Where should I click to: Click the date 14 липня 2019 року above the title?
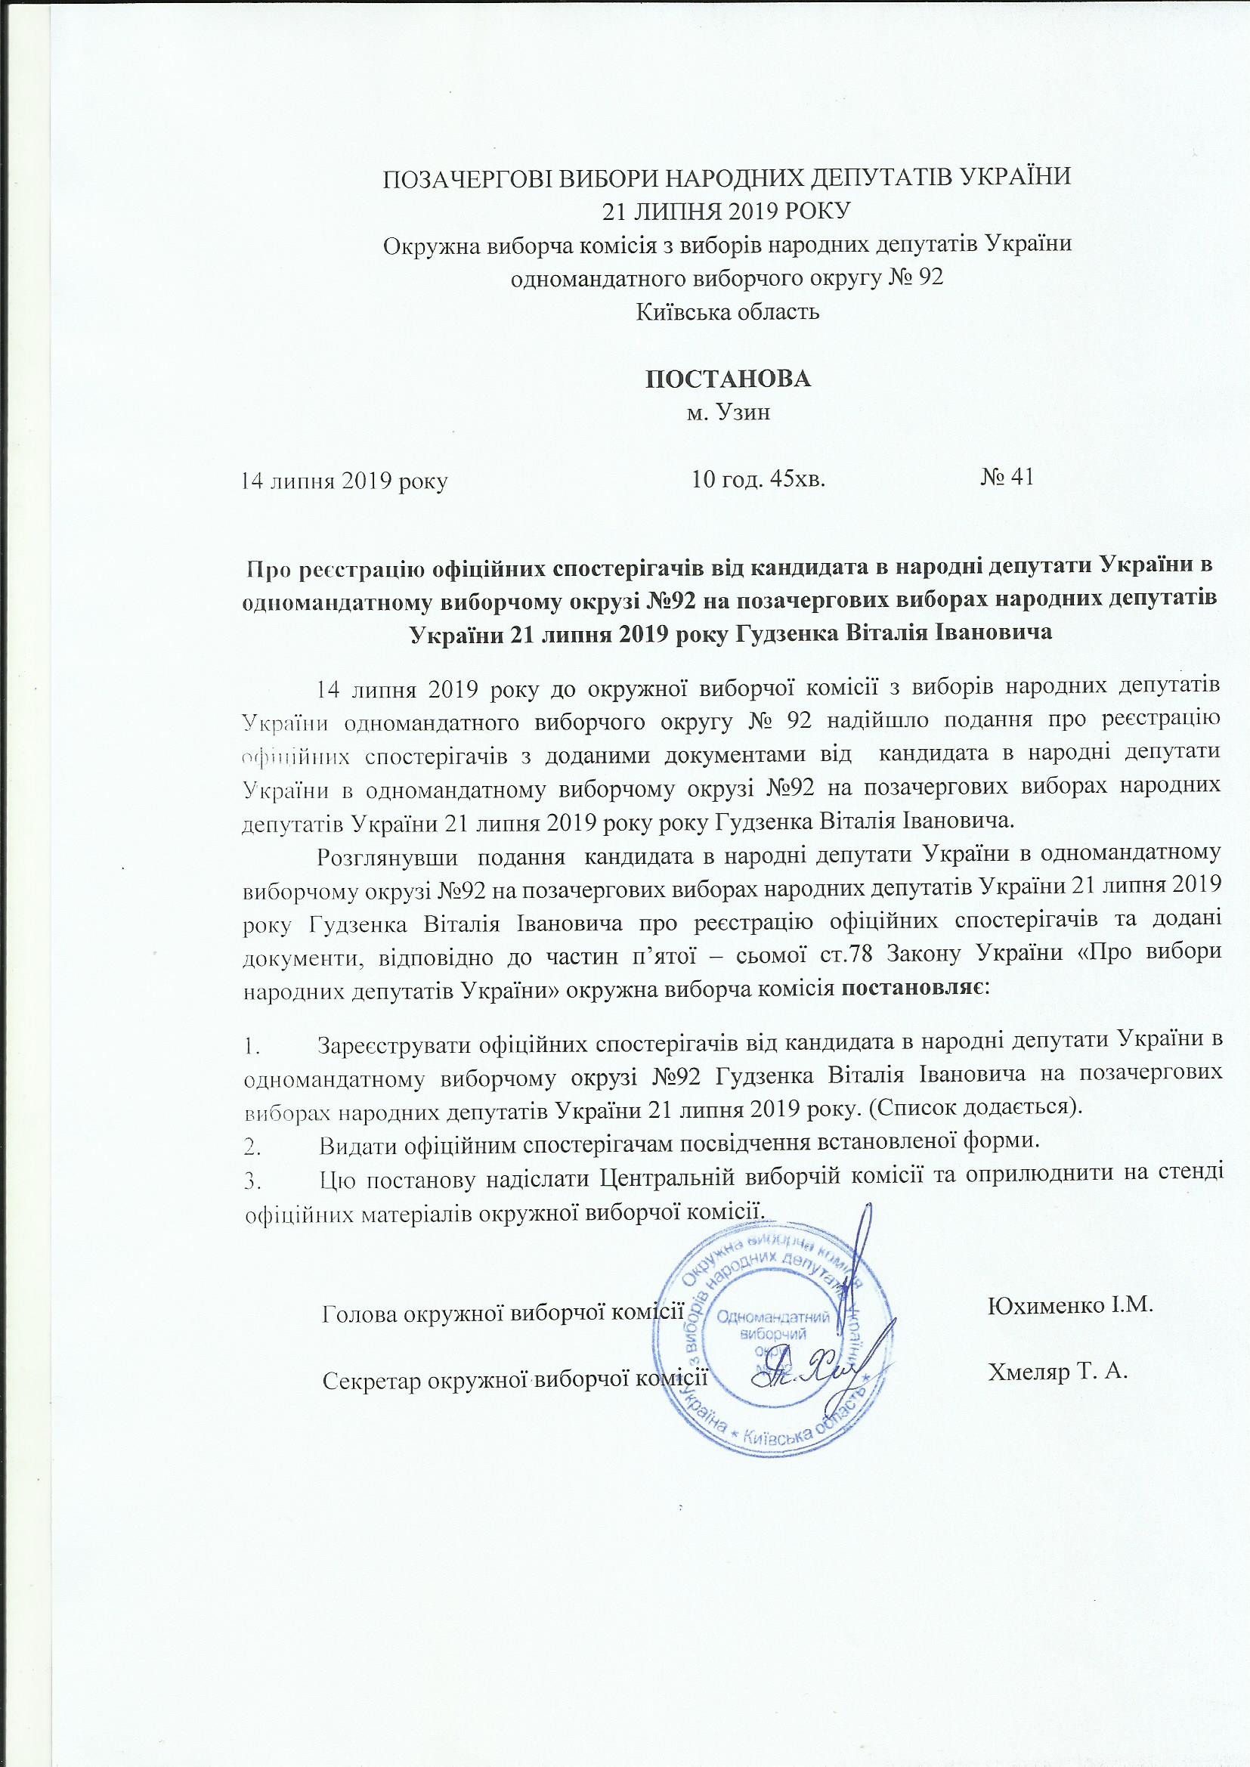[345, 482]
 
